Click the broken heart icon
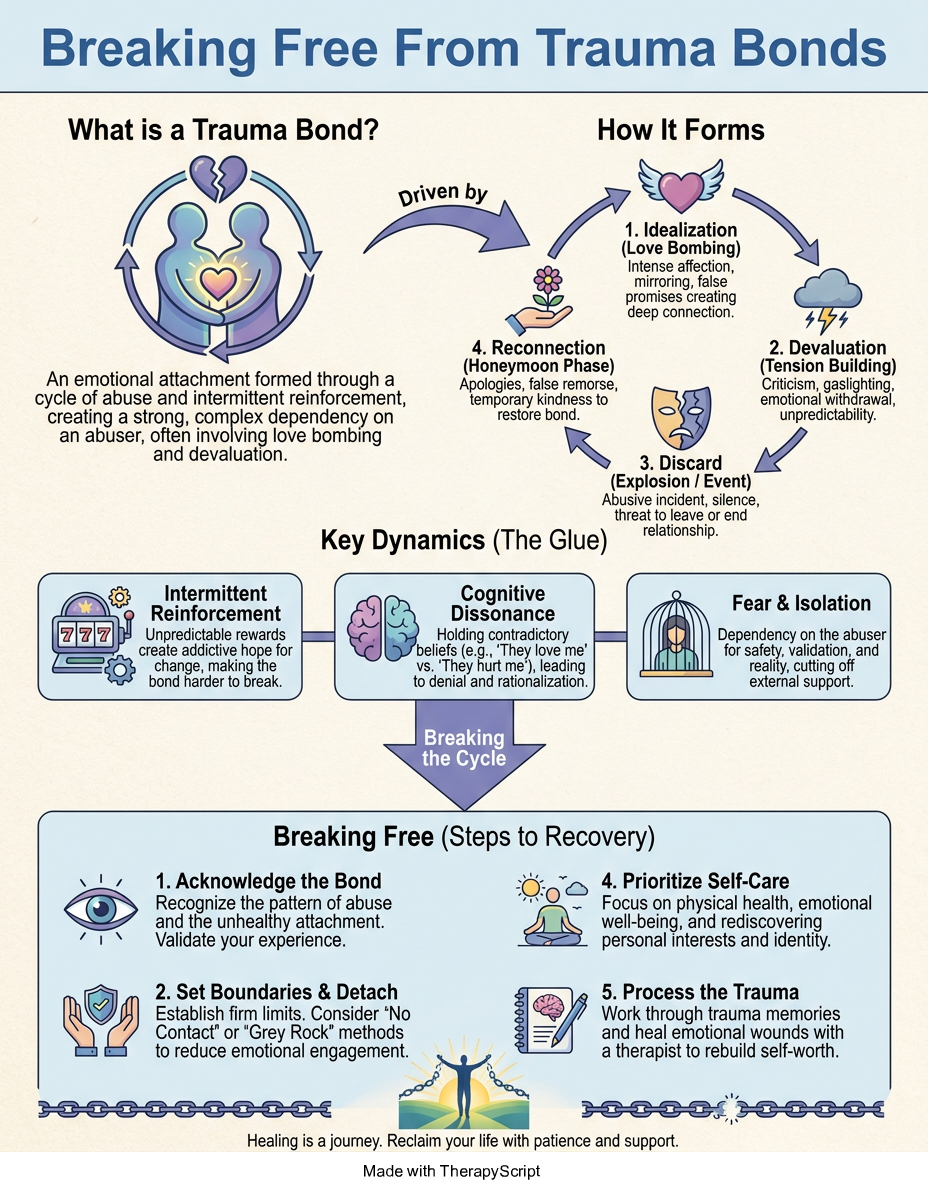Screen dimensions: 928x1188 click(218, 177)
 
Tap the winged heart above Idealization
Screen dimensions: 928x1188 click(681, 187)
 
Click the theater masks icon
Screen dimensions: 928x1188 click(681, 416)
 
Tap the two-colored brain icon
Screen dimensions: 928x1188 click(383, 628)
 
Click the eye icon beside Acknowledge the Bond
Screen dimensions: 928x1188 click(101, 909)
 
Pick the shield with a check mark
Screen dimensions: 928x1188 click(101, 1007)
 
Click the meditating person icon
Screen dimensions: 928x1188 click(552, 910)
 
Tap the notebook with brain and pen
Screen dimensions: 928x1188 click(551, 1019)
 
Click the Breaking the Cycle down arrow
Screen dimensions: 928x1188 click(464, 754)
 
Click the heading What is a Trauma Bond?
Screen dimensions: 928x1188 click(223, 130)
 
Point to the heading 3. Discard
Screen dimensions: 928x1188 click(680, 463)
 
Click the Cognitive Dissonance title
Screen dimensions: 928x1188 click(503, 603)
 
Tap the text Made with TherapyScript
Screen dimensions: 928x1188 click(452, 1171)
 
